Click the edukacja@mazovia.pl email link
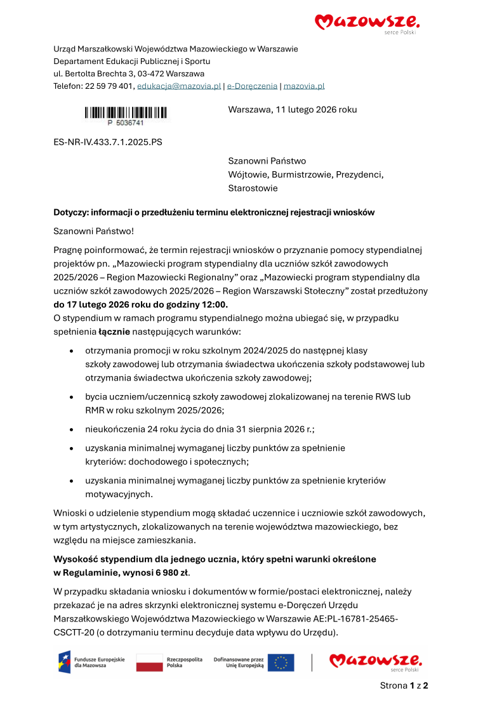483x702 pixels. (179, 86)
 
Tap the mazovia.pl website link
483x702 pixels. (304, 86)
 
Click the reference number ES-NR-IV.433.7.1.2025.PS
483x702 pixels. (108, 142)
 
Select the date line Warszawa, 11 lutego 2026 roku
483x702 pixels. (292, 109)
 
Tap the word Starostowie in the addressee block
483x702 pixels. (253, 188)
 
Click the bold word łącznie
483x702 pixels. (114, 331)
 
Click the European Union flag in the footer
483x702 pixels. (280, 663)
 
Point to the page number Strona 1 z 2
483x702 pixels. (404, 686)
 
